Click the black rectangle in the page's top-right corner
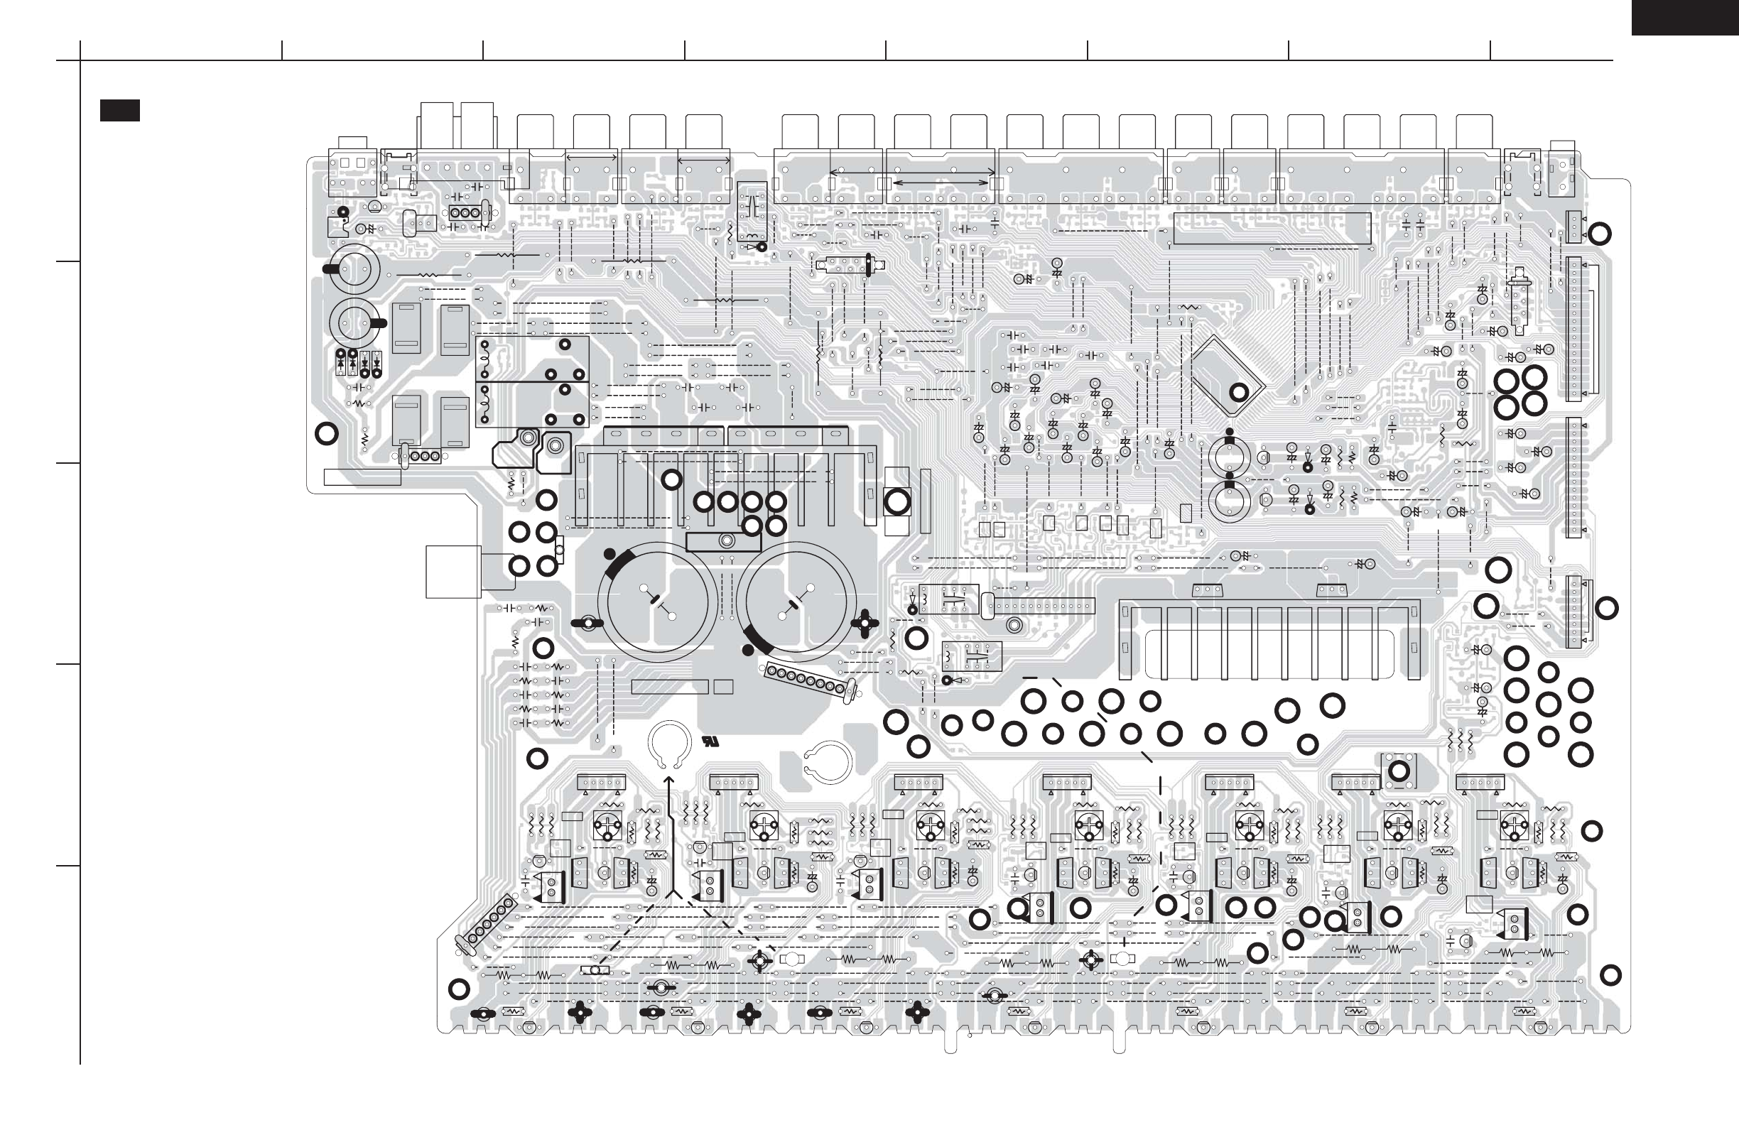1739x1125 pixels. pyautogui.click(x=1685, y=17)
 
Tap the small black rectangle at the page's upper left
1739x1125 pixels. pyautogui.click(x=120, y=110)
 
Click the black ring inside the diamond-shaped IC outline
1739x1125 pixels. pyautogui.click(x=1239, y=392)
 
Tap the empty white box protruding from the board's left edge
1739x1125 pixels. pyautogui.click(x=453, y=572)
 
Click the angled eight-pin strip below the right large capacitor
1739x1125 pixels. pyautogui.click(x=810, y=680)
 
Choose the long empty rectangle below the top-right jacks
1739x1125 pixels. pyautogui.click(x=1272, y=229)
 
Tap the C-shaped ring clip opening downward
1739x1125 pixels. pyautogui.click(x=668, y=745)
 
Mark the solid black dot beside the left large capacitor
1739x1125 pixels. pyautogui.click(x=610, y=553)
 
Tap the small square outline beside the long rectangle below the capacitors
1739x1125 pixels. pyautogui.click(x=722, y=687)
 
